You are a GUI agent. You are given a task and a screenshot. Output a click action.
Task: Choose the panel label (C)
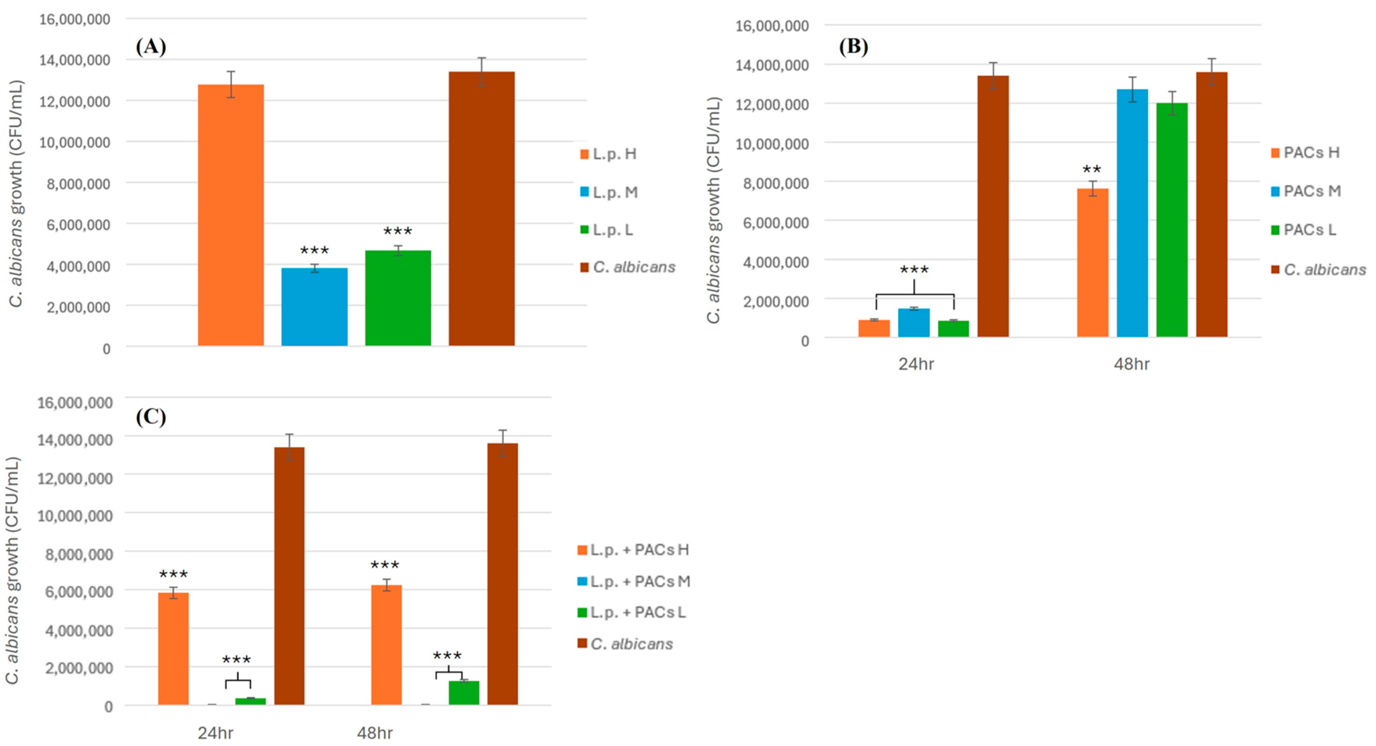(x=151, y=417)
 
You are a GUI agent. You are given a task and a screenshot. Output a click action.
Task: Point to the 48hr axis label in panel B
(x=1131, y=364)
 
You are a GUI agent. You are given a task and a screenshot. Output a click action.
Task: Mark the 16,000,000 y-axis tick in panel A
(x=75, y=19)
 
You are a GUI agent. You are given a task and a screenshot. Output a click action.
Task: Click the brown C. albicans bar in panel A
(x=481, y=208)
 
